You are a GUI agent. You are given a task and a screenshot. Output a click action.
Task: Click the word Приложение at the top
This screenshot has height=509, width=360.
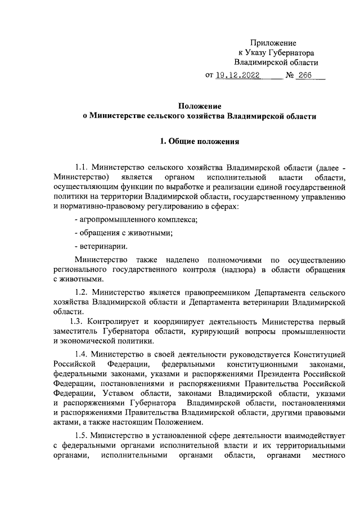273,43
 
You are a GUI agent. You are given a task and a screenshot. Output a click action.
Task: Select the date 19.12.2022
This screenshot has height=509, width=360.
241,75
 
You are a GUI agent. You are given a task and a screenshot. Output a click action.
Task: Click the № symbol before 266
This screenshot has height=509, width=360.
291,75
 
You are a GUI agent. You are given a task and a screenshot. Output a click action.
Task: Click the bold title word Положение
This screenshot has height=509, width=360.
199,105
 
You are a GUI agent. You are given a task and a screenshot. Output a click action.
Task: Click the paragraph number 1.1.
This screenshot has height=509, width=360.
82,167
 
